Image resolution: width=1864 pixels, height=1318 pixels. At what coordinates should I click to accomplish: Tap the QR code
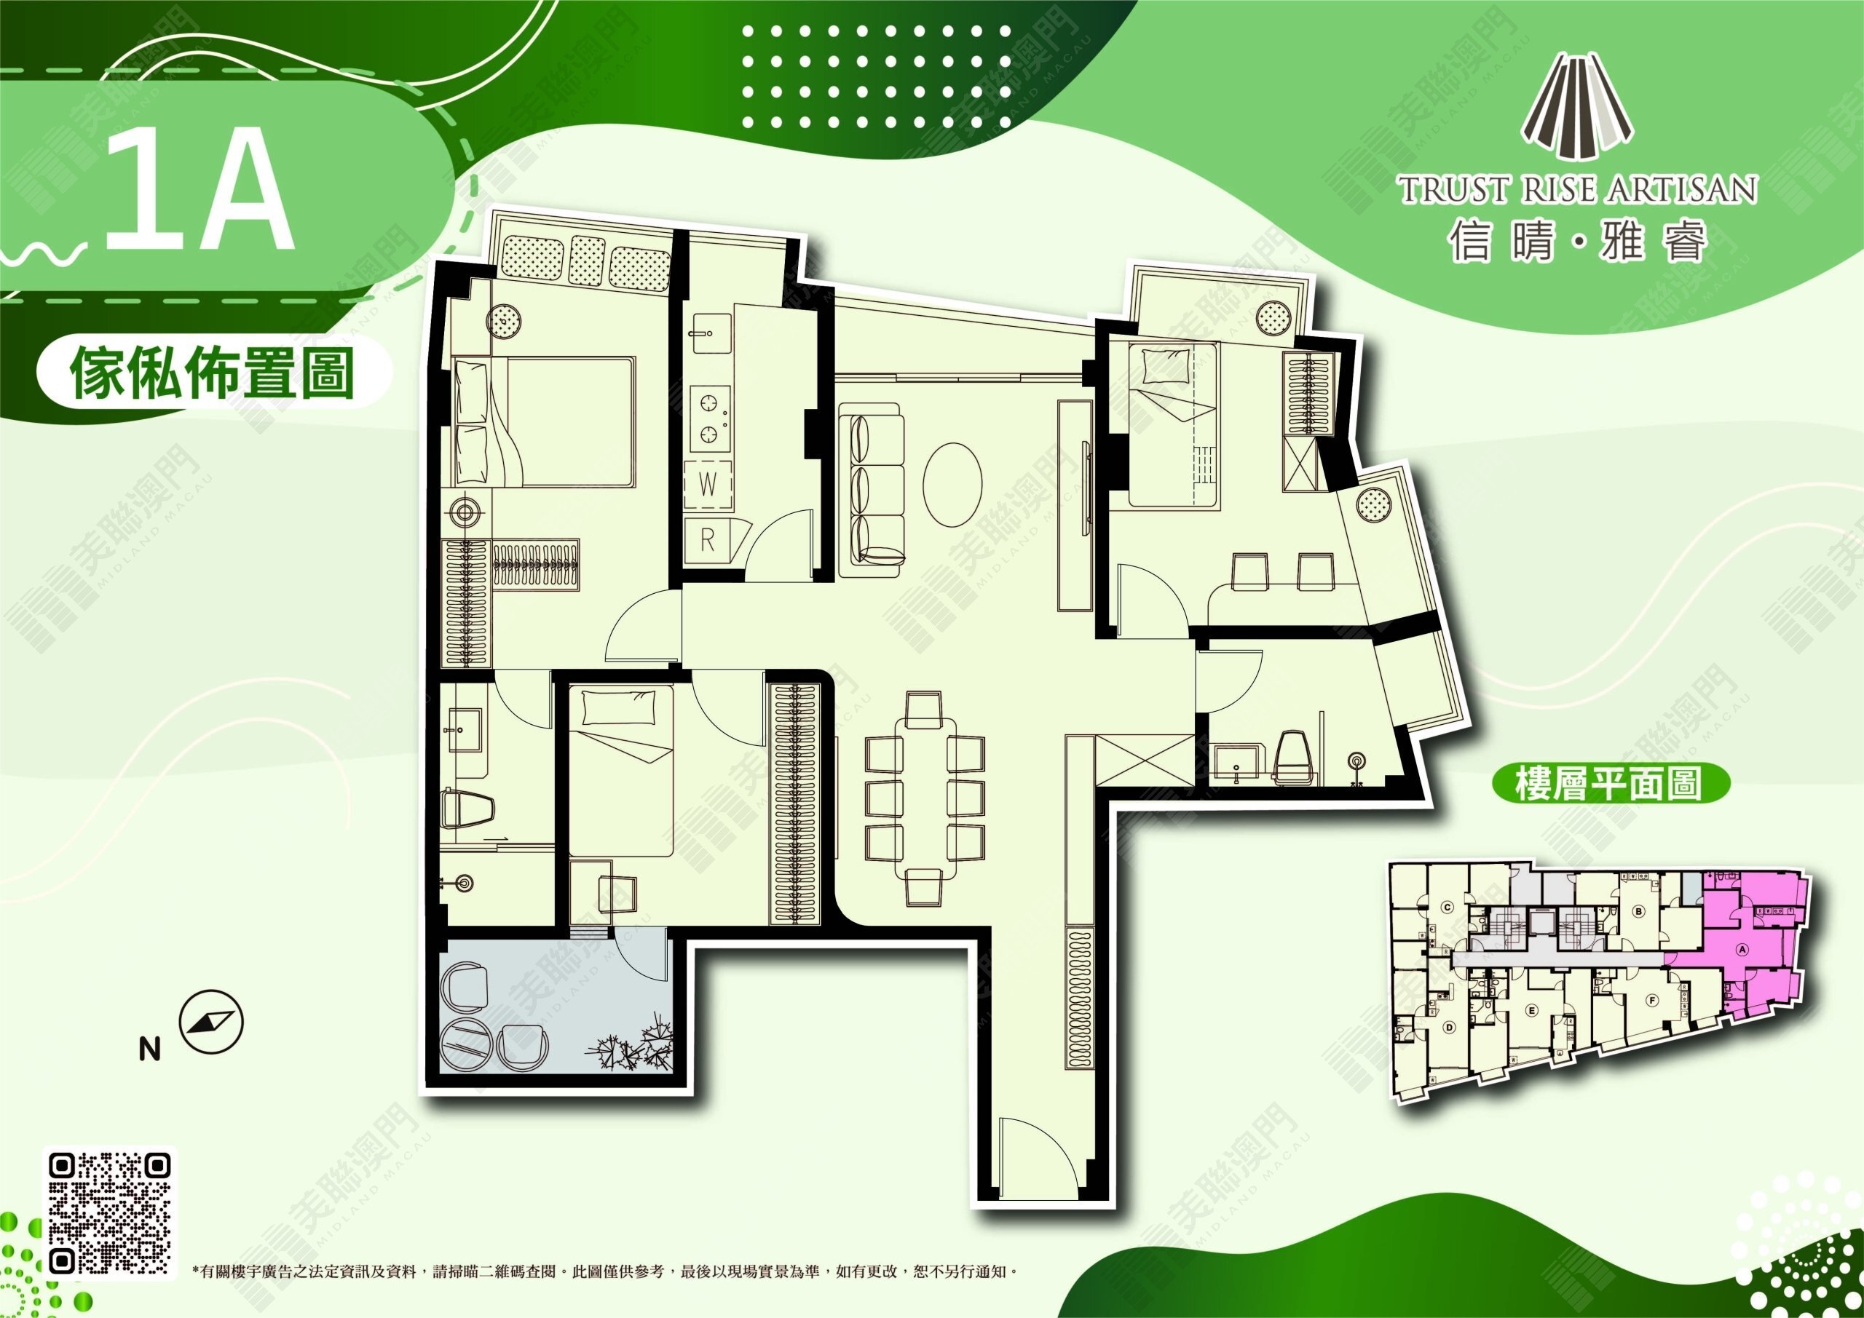point(111,1212)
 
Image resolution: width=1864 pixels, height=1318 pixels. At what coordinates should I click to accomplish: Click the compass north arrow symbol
point(211,1022)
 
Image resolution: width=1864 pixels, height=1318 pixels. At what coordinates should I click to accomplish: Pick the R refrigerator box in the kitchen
point(707,540)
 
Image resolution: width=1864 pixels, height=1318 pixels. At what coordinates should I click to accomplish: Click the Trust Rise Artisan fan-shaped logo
point(1576,107)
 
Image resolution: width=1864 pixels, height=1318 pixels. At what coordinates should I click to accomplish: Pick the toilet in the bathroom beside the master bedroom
point(468,810)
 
